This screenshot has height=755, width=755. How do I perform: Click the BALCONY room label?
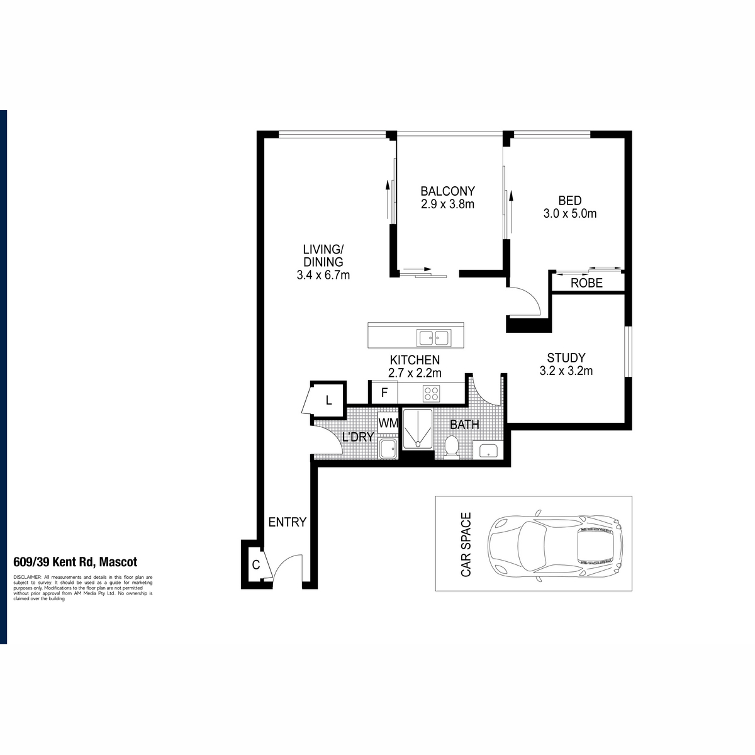[x=447, y=191]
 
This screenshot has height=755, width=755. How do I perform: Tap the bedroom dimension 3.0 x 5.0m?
[x=569, y=213]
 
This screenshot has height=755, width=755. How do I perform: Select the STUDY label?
[x=566, y=358]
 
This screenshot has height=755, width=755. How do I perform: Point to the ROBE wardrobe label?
[x=586, y=283]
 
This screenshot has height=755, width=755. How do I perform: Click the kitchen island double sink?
[x=433, y=337]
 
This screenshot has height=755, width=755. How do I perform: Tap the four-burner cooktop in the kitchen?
[x=431, y=393]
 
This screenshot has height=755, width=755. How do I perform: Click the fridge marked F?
[x=384, y=393]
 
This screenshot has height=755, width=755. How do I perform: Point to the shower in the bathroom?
[x=418, y=429]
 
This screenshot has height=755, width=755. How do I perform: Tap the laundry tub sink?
[x=388, y=449]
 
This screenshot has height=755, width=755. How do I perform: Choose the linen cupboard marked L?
[x=328, y=400]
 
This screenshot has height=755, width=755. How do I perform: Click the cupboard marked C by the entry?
[x=257, y=565]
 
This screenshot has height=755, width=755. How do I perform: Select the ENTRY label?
[x=287, y=522]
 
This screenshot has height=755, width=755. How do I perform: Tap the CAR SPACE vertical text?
[x=466, y=544]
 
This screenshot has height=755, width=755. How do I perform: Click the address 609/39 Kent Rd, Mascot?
[x=75, y=562]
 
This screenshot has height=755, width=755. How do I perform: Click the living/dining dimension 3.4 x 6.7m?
[x=323, y=275]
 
